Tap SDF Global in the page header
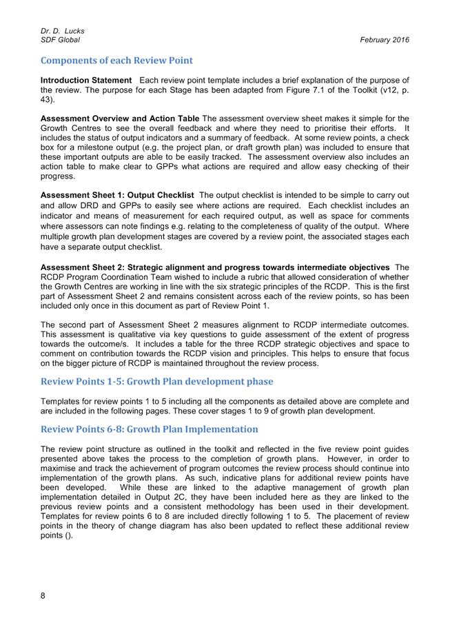pos(61,40)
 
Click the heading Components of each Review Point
pos(116,61)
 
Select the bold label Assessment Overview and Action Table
pos(120,119)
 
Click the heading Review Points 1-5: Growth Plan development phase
pos(156,381)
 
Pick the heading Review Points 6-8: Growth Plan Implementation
pos(150,429)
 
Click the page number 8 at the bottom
pos(43,596)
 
